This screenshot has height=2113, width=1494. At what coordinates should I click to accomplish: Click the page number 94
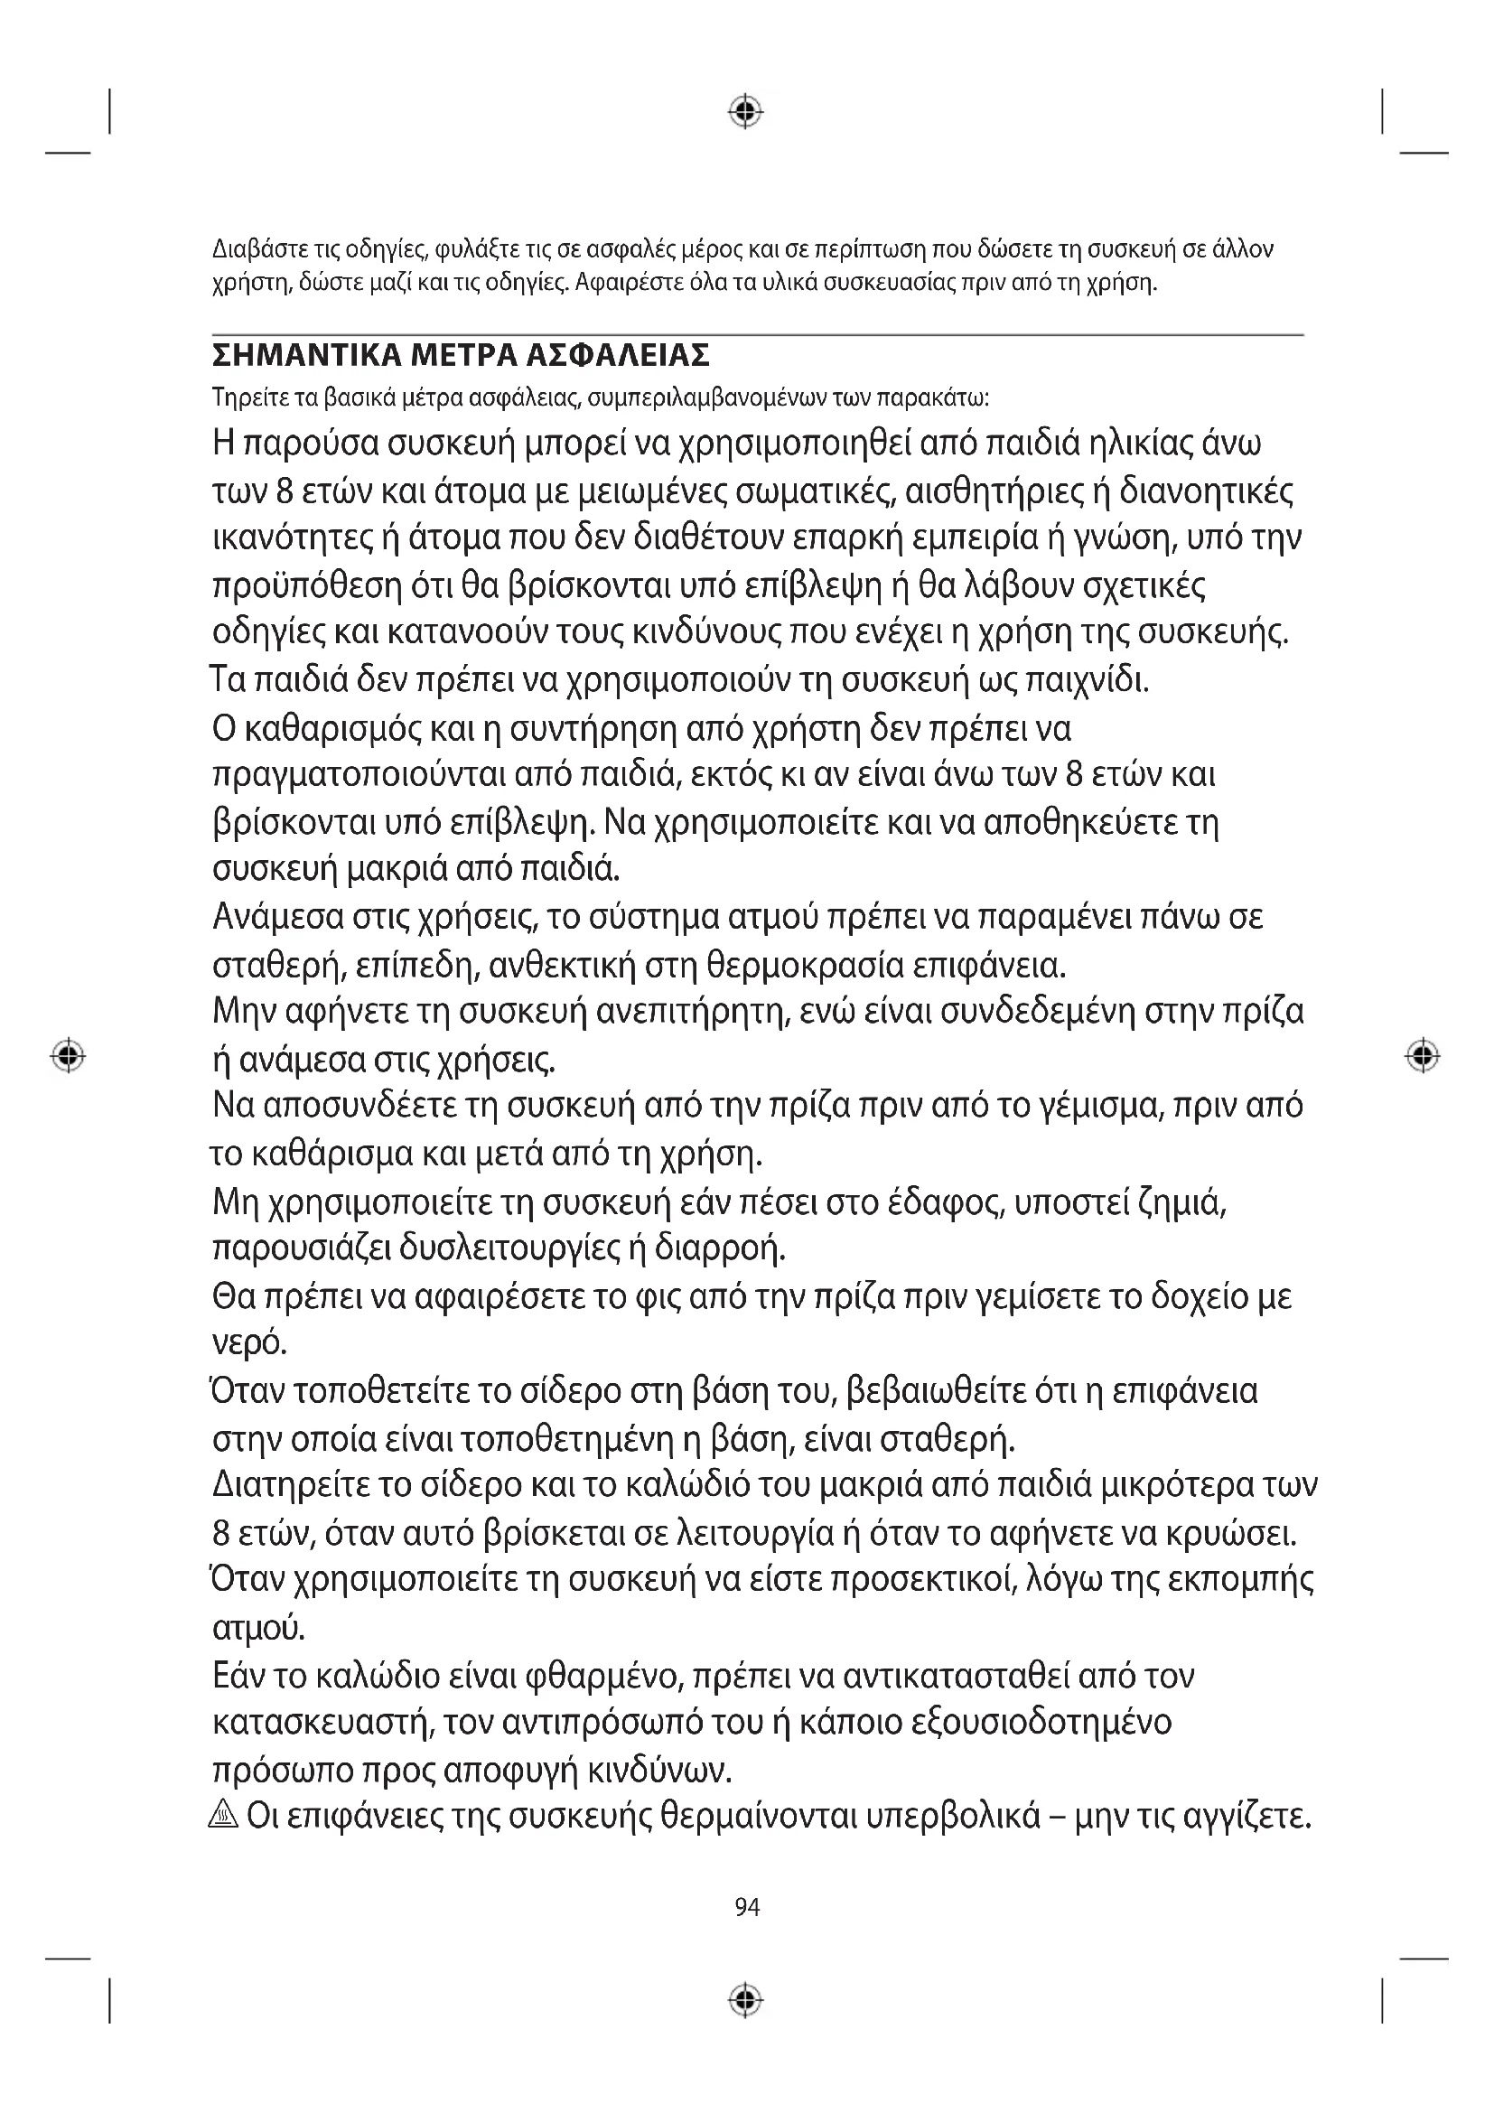(747, 1908)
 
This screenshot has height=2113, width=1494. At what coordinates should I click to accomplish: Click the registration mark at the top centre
(746, 111)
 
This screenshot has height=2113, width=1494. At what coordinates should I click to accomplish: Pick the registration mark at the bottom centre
(746, 2000)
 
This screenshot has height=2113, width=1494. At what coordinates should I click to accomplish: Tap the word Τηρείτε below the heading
(241, 398)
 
